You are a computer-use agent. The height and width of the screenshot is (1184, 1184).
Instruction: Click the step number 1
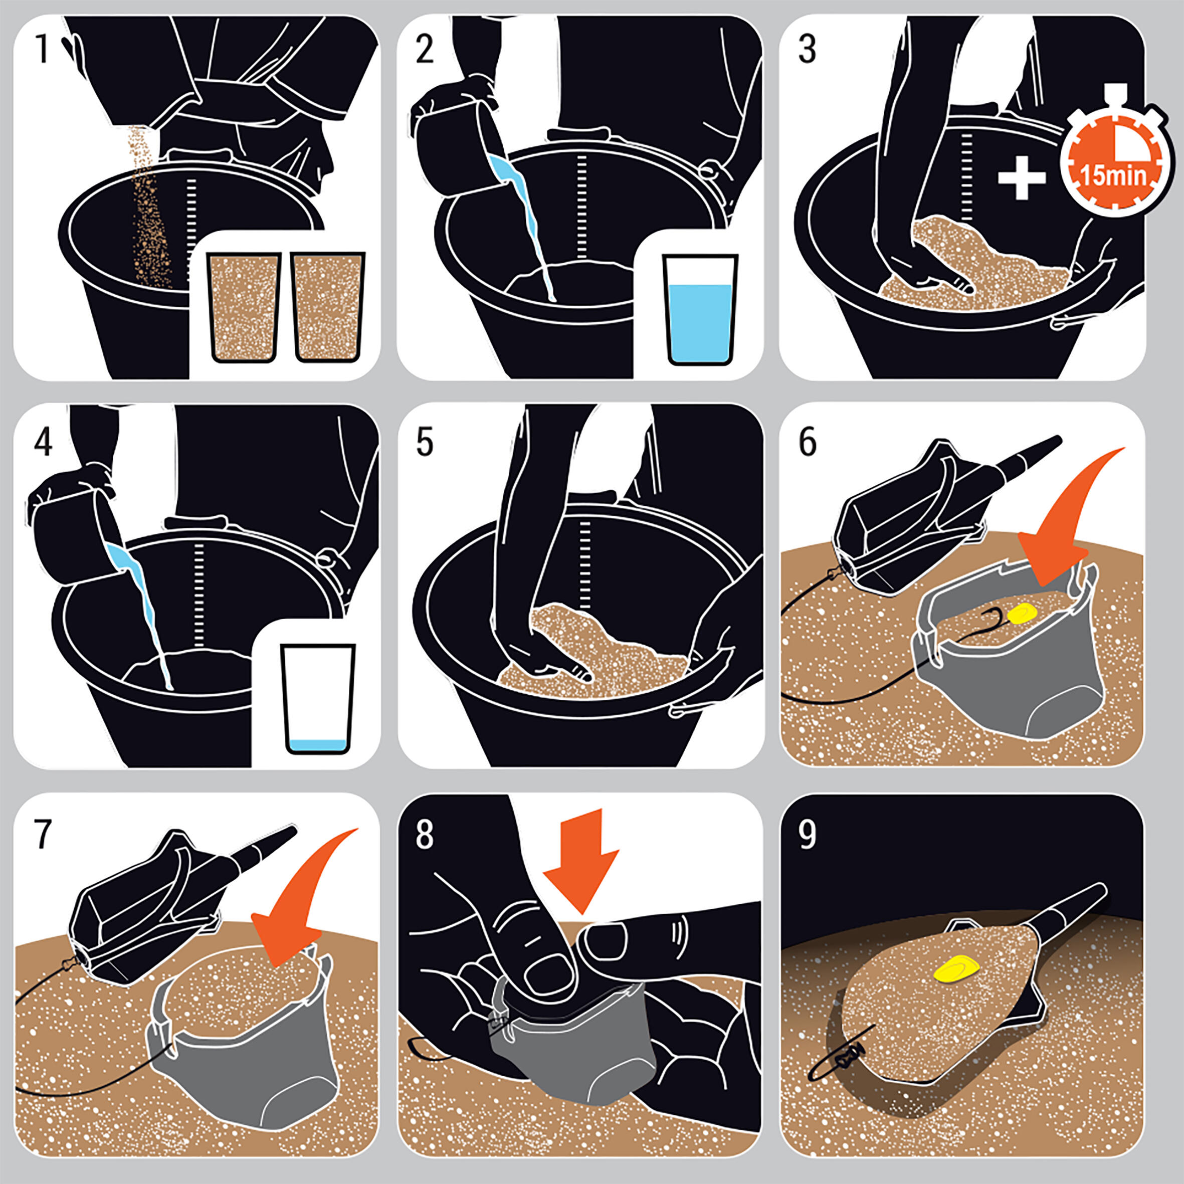(42, 49)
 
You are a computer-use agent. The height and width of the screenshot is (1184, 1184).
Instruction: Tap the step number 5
(424, 442)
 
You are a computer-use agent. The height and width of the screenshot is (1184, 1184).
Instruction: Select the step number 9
(807, 834)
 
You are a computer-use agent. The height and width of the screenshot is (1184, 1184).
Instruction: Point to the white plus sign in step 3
(1022, 177)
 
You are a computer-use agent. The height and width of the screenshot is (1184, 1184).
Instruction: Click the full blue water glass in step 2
(700, 309)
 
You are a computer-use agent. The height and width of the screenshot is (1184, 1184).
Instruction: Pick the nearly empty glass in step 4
(319, 698)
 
